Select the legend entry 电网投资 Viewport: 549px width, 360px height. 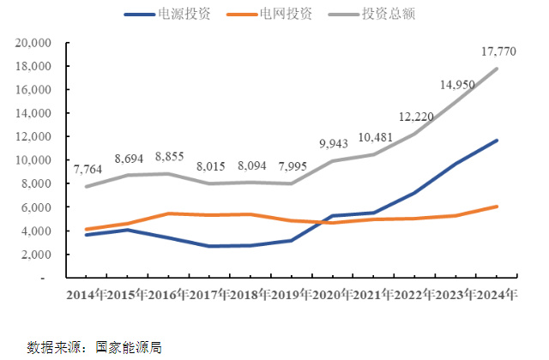coord(287,15)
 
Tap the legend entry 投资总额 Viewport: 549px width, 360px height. coord(390,15)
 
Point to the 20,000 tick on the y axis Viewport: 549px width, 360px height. coord(33,43)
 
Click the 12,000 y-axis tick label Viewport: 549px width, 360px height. coord(33,137)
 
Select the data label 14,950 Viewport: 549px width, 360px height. coord(456,85)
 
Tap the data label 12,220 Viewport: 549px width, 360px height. coord(416,117)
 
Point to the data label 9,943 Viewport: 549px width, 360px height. coord(333,143)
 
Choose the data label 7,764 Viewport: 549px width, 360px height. coord(89,170)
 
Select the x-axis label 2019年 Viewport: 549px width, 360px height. coord(292,296)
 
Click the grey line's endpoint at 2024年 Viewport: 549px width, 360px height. coord(497,69)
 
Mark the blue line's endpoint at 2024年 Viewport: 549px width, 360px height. coord(497,141)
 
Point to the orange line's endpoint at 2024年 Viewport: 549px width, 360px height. coord(497,207)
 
